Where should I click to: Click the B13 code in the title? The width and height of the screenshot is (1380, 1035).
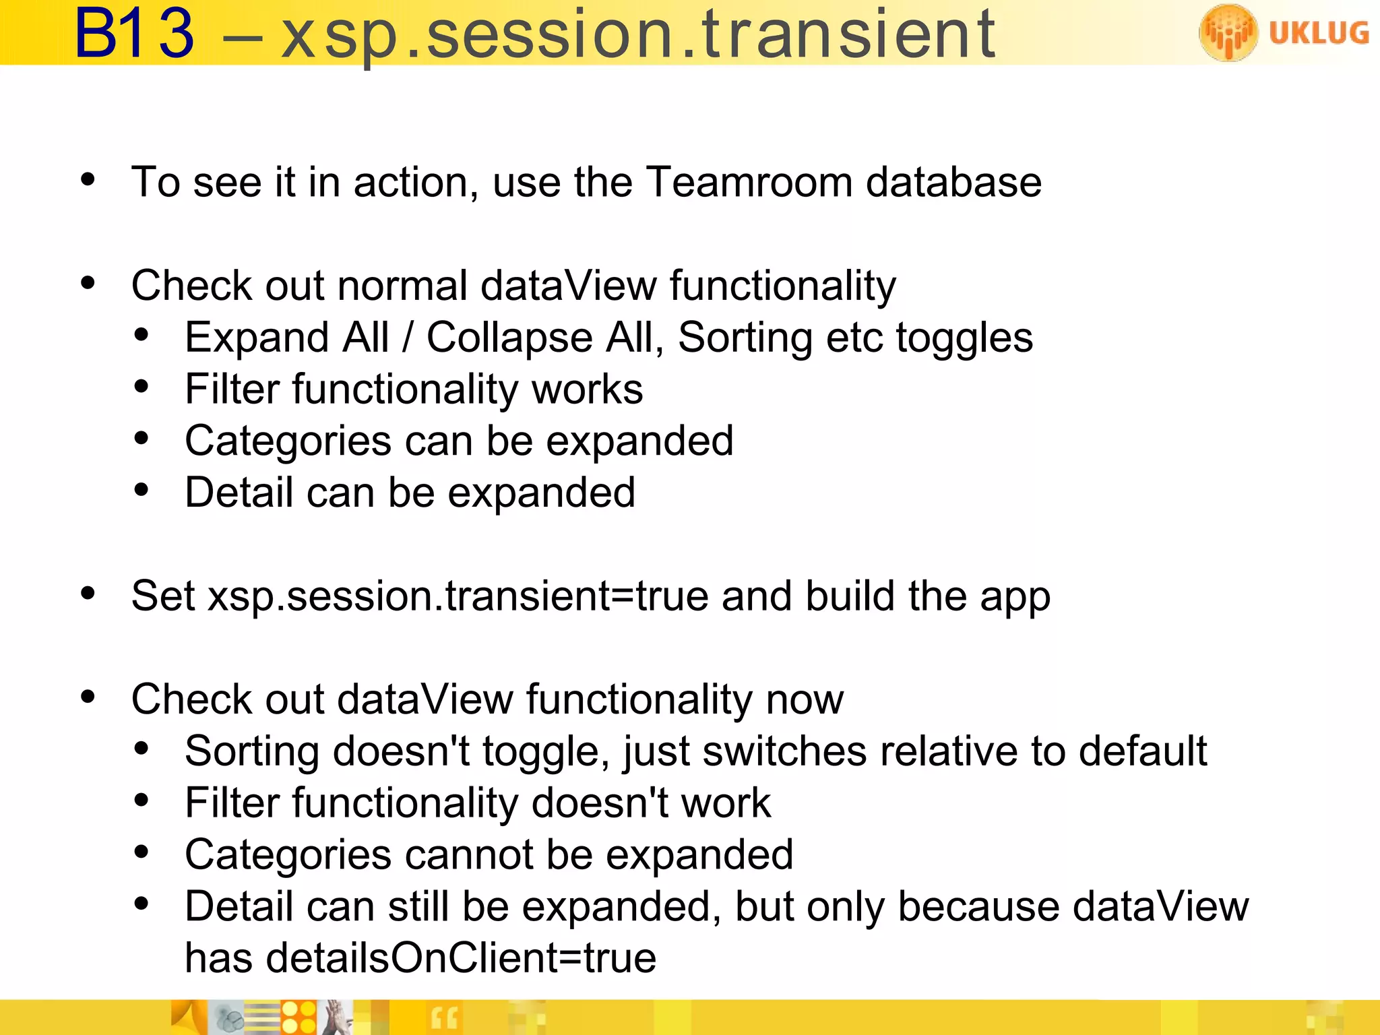pos(135,34)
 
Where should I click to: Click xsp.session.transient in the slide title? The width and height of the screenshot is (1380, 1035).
pos(637,35)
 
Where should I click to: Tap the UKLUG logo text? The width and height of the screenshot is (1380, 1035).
pos(1319,32)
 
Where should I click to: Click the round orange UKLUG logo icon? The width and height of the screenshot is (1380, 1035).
pos(1228,32)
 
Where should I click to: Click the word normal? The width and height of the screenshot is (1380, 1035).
pos(402,286)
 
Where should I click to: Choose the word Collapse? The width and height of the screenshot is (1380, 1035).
pos(509,338)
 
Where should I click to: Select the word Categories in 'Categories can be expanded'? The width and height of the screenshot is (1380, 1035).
pos(288,442)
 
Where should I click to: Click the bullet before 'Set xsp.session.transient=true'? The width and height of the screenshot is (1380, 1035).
pos(88,594)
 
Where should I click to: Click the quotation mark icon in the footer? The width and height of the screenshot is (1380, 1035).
pos(444,1017)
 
